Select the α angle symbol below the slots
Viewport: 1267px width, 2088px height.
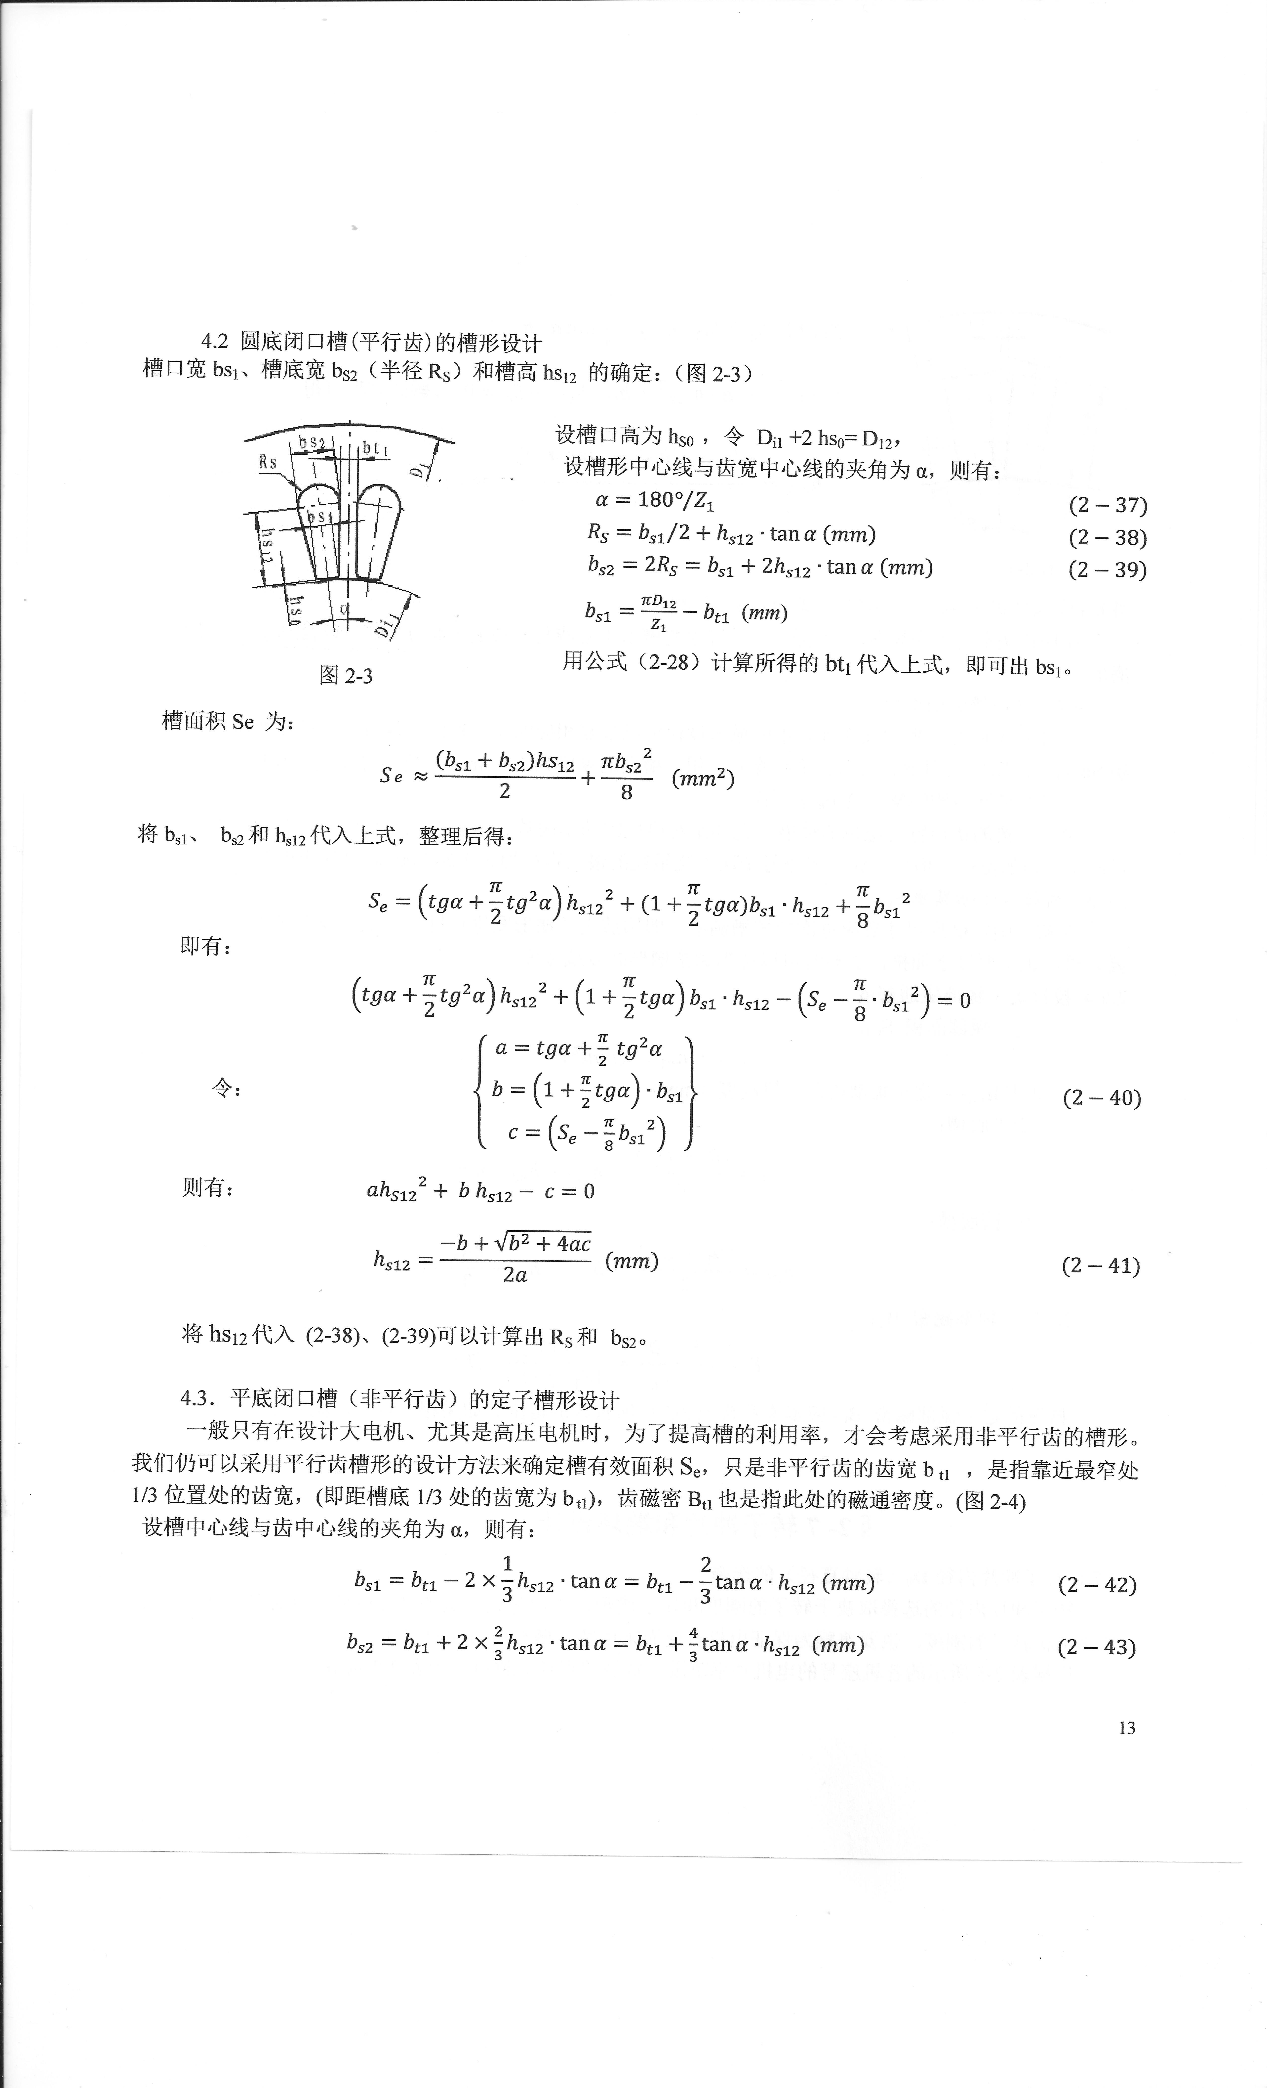point(344,609)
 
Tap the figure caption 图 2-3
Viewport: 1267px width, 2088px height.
point(346,675)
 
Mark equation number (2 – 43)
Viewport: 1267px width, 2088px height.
point(1096,1647)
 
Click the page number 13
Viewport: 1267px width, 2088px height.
point(1126,1728)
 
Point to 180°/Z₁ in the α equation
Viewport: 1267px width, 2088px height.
point(675,501)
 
